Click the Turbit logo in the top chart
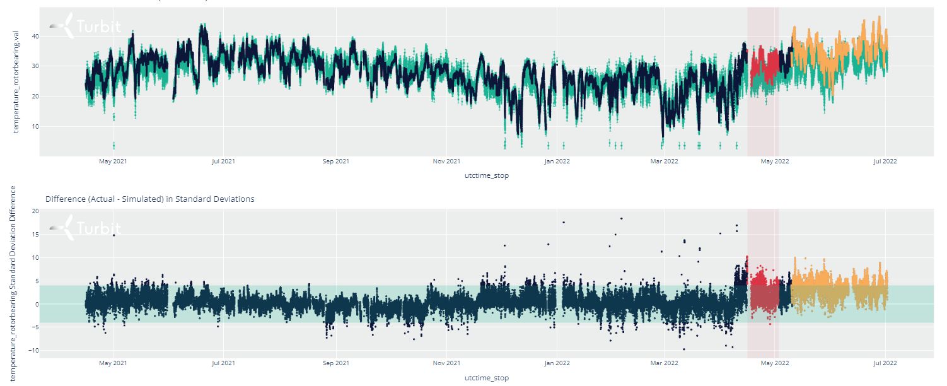click(x=84, y=26)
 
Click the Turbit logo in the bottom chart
click(x=84, y=228)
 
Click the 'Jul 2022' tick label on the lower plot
click(x=885, y=363)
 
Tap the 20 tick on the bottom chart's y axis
click(x=35, y=211)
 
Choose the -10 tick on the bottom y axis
click(x=34, y=351)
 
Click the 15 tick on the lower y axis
click(x=35, y=235)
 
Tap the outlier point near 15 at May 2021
click(x=113, y=235)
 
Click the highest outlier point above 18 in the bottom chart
click(x=621, y=218)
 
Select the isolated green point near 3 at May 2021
click(x=113, y=145)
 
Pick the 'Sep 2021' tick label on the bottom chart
click(x=335, y=363)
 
